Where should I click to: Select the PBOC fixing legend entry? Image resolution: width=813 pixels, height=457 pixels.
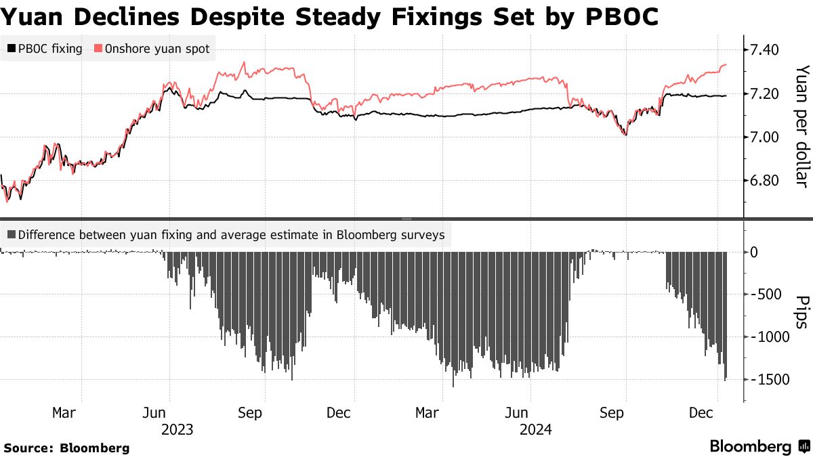point(45,49)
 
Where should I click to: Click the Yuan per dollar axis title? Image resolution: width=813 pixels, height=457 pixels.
point(801,127)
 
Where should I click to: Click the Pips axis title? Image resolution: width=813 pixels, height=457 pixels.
point(801,311)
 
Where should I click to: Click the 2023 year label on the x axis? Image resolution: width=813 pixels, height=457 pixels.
point(178,429)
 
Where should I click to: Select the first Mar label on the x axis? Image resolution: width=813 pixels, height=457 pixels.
point(64,412)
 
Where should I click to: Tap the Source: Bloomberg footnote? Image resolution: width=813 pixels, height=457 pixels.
point(66,448)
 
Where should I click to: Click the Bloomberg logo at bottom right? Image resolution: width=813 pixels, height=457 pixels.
point(759,447)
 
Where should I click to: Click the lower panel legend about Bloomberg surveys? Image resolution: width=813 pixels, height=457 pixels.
point(226,236)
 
